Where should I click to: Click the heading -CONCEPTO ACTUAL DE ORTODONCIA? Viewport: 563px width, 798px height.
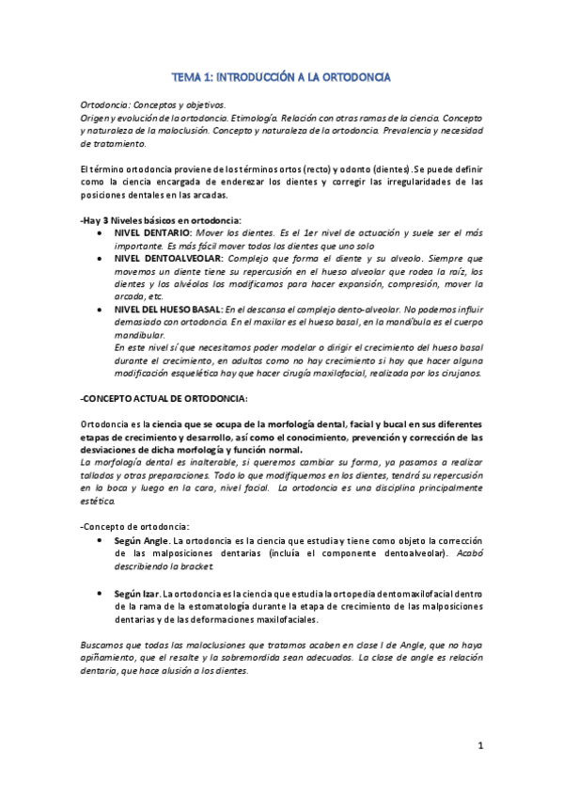coord(164,398)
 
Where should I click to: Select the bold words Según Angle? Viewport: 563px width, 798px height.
coord(142,542)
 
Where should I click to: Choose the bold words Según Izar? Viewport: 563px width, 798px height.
coord(137,595)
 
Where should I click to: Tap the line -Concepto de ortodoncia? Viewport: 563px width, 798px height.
coord(135,525)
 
